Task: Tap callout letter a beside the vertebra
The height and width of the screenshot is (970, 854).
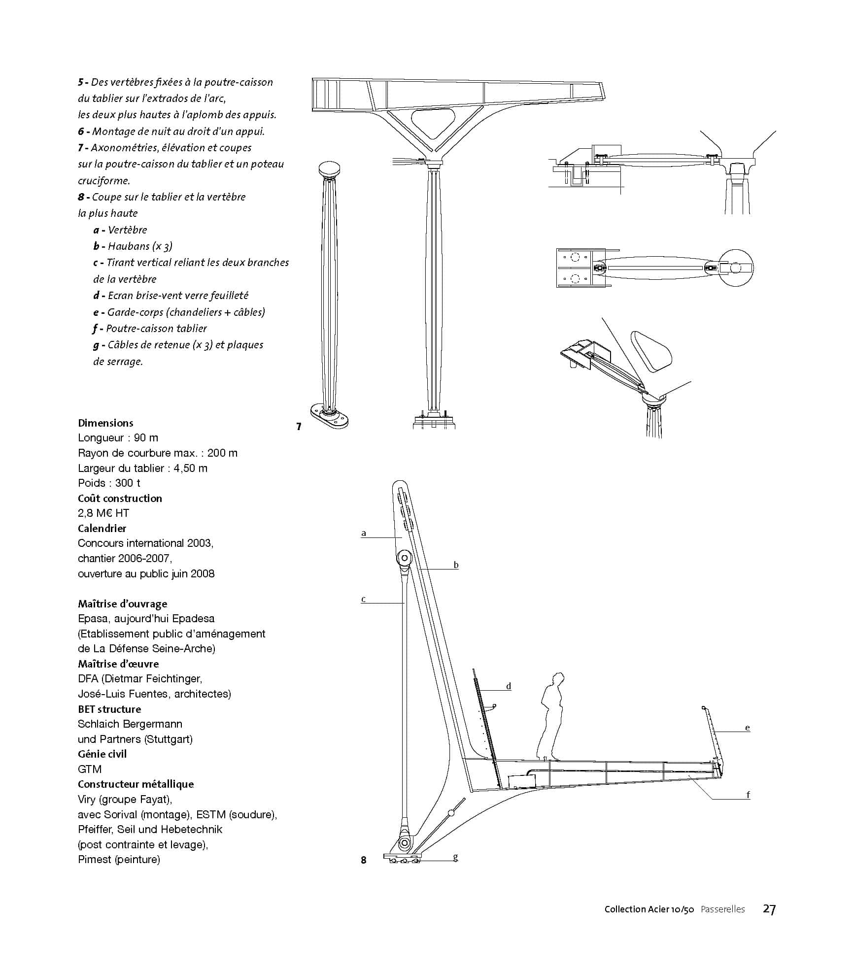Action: click(364, 533)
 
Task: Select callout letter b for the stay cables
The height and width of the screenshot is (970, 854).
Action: click(456, 565)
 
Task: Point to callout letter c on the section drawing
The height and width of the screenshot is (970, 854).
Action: click(363, 599)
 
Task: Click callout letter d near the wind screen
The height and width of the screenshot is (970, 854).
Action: click(509, 686)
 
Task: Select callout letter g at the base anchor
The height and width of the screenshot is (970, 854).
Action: click(455, 857)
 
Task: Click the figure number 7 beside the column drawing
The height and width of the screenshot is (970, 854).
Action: click(299, 427)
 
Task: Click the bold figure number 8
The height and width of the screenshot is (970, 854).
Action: click(364, 860)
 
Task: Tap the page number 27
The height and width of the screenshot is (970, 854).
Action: click(769, 909)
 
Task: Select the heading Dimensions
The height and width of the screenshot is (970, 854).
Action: click(105, 423)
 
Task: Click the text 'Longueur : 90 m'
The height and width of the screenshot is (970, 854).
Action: click(118, 437)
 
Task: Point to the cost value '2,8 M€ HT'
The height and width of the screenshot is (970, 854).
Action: click(103, 513)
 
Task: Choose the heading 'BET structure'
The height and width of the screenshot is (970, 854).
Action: click(109, 709)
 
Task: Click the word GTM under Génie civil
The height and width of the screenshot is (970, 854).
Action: click(90, 769)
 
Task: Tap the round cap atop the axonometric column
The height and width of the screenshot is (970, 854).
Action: click(329, 169)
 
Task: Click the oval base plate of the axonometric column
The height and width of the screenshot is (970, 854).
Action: click(329, 415)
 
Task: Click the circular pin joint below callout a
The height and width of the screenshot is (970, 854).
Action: click(404, 558)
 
